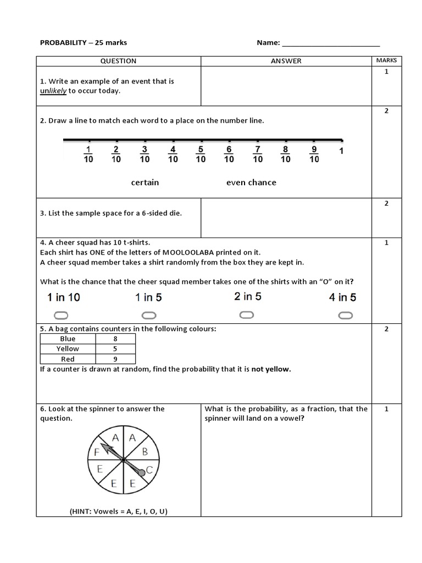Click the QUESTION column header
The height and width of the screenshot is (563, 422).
coord(119,61)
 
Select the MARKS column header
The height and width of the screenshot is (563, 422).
coord(386,60)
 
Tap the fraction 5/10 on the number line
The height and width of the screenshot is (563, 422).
coord(201,154)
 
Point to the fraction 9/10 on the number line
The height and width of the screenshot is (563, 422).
coord(314,154)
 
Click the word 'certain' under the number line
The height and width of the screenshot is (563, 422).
coord(145,183)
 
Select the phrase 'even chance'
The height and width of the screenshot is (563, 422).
coord(251,183)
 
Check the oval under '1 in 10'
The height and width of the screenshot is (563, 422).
coord(61,315)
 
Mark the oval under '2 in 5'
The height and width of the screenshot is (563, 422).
coord(247,314)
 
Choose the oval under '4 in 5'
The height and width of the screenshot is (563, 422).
coord(345,315)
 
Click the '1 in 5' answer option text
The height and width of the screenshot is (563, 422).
coord(148,297)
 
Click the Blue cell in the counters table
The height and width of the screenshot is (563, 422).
coord(68,339)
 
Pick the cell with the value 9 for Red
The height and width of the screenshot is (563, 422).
coord(115,359)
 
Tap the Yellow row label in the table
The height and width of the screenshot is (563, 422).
coord(68,349)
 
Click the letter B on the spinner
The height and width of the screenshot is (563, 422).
coord(145,452)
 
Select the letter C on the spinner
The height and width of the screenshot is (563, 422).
coord(149,471)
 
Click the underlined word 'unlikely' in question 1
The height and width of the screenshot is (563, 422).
coord(53,91)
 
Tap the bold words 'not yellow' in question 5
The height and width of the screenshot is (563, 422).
coord(271,369)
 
